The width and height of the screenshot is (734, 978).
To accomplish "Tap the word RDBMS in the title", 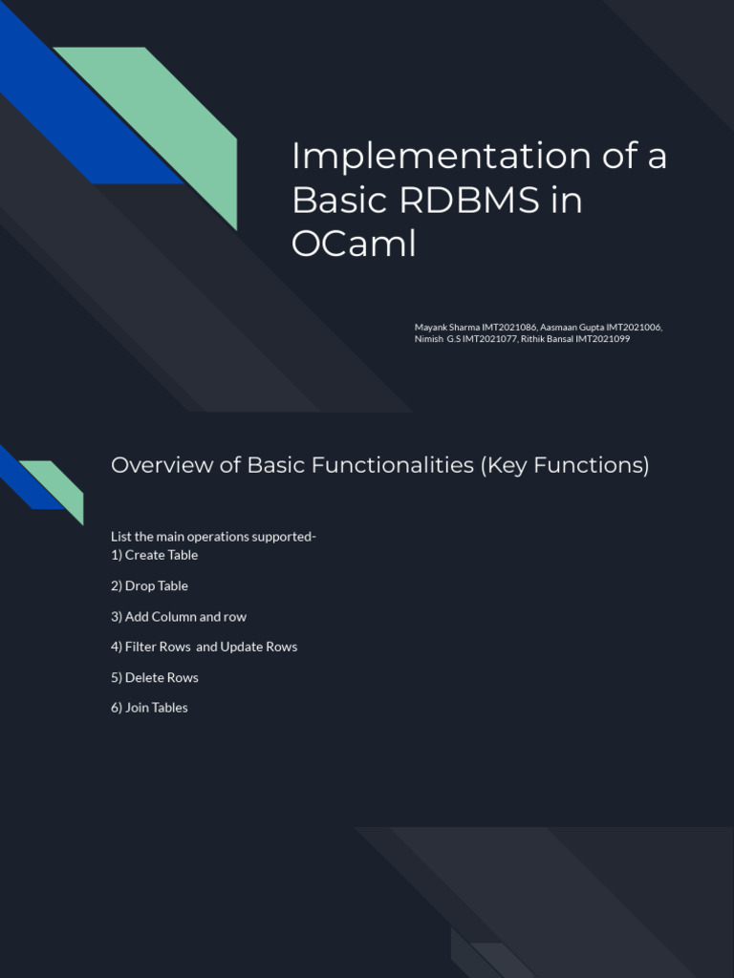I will click(458, 200).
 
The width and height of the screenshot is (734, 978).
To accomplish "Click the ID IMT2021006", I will click(630, 327).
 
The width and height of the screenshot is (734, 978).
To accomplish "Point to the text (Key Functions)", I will click(564, 465).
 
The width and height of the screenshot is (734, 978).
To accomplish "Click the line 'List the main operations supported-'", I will click(213, 537).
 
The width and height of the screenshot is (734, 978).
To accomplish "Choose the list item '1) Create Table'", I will click(154, 555).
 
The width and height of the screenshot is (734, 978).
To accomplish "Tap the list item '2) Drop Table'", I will click(149, 585).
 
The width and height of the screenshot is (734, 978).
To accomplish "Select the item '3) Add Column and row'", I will click(179, 616).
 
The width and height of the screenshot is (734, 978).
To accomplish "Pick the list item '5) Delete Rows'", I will click(155, 677).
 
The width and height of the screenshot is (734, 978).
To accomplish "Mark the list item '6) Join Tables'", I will click(149, 708).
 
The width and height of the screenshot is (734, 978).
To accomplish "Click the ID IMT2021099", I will click(602, 338).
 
